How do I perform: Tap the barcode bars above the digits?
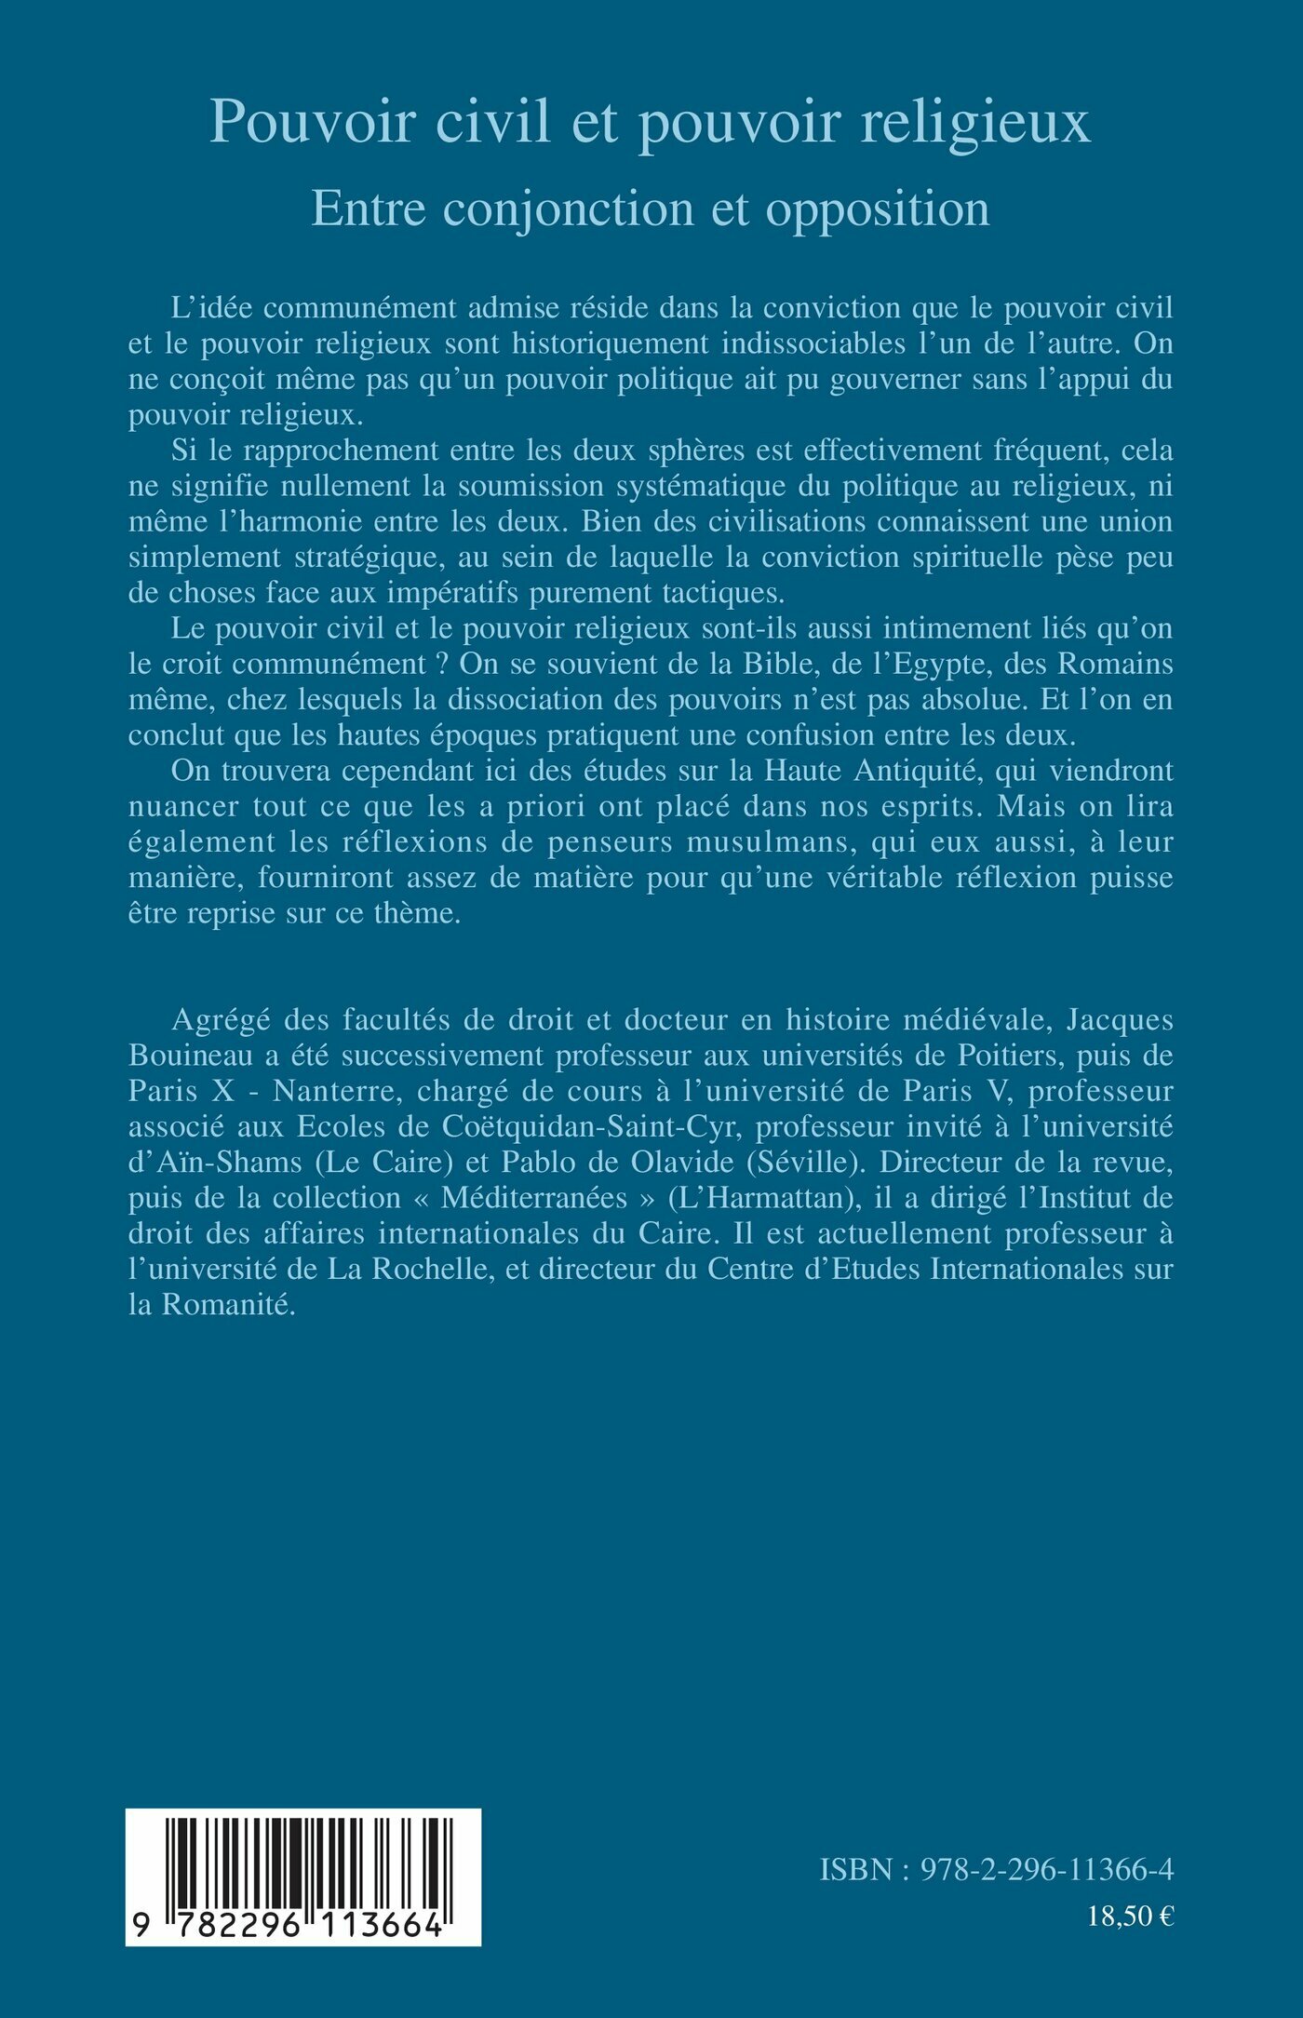coord(303,1861)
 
